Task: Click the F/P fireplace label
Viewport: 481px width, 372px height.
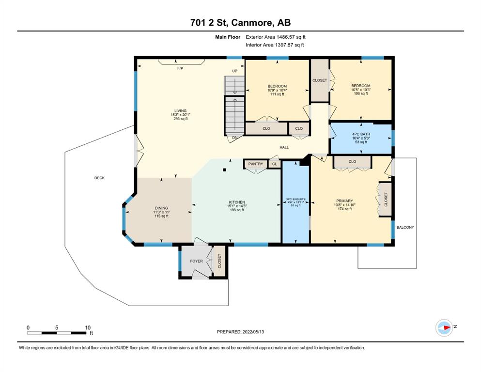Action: tap(180, 68)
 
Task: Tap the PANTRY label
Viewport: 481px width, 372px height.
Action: tap(256, 164)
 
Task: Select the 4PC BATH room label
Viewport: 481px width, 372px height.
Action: tap(361, 134)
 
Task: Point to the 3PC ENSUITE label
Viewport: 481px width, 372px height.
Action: tap(295, 200)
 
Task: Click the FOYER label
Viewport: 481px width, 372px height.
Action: tap(196, 261)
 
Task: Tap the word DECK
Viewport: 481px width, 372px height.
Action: tap(99, 178)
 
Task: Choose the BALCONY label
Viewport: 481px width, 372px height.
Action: tap(405, 227)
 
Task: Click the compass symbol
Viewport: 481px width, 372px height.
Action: tap(444, 327)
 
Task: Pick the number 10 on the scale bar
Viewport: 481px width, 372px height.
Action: tap(88, 327)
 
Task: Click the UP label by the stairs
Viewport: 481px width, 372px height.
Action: tap(234, 71)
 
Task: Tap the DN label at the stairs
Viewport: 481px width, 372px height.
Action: tap(234, 138)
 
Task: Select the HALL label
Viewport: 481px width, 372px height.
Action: tap(284, 147)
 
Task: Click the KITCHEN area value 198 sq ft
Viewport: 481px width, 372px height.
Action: tap(237, 210)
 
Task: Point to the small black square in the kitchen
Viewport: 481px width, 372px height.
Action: tap(225, 170)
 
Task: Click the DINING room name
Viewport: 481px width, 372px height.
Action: tap(161, 208)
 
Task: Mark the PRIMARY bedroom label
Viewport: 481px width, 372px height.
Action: tap(344, 201)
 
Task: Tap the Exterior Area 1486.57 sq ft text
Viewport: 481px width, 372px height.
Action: tap(276, 37)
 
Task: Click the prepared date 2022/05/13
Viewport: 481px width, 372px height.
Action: tap(253, 332)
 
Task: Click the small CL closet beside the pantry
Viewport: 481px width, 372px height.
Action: tap(275, 164)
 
